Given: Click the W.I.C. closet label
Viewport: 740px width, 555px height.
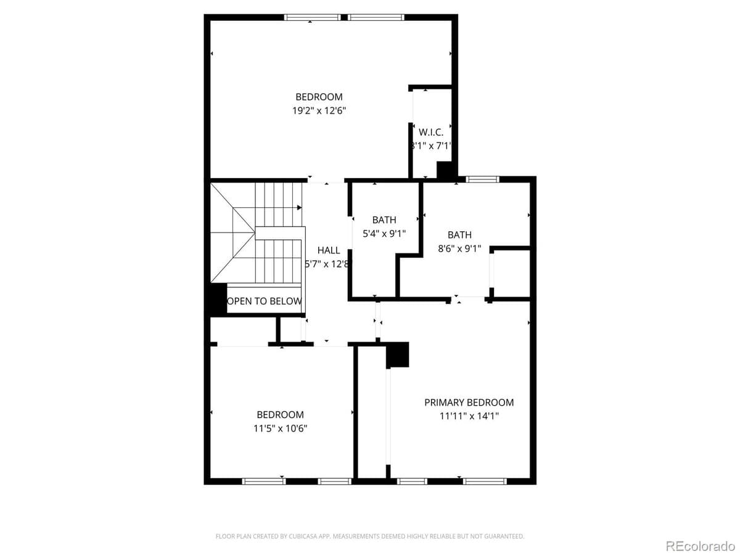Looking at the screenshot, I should (431, 133).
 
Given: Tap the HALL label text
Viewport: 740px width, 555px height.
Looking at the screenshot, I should (329, 250).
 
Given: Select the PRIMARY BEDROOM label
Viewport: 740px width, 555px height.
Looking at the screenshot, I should (469, 403).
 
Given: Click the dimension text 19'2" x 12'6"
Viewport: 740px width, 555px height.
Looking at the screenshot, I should (319, 111).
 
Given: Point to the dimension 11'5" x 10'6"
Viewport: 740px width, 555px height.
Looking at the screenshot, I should (281, 429).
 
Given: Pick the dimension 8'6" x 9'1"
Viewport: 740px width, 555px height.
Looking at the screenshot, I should (459, 249).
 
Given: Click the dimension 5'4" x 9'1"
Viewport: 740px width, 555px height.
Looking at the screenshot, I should (384, 234).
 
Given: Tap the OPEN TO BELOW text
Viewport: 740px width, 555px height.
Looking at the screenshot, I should (265, 302).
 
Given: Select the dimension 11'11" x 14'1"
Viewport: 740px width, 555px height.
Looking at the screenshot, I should (469, 416).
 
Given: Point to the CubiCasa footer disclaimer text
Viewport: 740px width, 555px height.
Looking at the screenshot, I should (370, 536).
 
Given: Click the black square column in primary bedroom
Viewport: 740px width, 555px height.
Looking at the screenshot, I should (398, 355).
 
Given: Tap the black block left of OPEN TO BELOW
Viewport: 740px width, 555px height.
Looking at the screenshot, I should (216, 299).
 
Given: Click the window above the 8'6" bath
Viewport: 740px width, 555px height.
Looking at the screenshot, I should (482, 179).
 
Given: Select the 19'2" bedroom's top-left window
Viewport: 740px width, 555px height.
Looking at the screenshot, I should (313, 17).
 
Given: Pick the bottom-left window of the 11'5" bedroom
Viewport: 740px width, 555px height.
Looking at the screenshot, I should (263, 481).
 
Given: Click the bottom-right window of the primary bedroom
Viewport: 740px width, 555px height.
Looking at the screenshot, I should (485, 481).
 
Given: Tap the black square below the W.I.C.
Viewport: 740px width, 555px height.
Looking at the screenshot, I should (445, 170).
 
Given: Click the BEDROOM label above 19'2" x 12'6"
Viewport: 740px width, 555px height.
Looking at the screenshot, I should (319, 97).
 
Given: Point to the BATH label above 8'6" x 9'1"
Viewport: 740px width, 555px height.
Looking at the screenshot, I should (459, 235).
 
